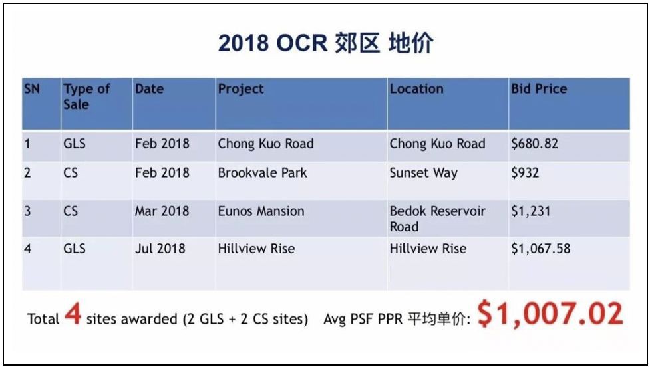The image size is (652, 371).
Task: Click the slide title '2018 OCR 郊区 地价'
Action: click(325, 43)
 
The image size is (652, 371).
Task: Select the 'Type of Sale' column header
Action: click(86, 96)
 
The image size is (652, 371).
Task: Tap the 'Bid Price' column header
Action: click(539, 89)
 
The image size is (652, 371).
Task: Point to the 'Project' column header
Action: click(241, 89)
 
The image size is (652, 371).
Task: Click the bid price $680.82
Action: click(535, 144)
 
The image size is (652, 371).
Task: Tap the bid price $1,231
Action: click(531, 211)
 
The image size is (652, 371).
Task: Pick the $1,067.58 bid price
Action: click(540, 249)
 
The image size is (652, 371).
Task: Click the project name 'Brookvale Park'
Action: click(262, 172)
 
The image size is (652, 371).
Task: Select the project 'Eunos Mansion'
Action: click(261, 211)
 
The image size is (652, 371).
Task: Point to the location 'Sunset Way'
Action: click(423, 173)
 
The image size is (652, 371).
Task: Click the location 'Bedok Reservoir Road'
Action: click(438, 219)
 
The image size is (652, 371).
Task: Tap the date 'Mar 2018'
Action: click(162, 211)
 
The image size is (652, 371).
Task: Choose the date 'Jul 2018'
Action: click(160, 249)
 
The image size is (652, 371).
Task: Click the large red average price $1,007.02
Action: click(550, 314)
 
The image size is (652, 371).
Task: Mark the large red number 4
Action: click(73, 314)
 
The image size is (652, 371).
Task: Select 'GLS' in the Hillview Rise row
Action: click(75, 249)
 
